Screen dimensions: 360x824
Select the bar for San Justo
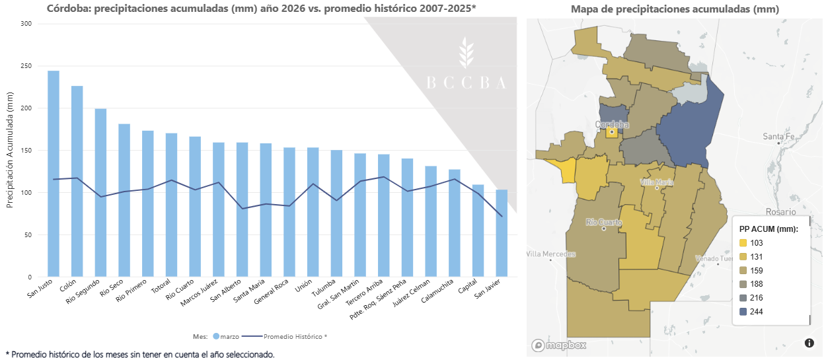[54, 174]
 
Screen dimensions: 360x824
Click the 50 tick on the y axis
[27, 235]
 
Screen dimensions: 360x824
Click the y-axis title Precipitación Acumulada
[10, 151]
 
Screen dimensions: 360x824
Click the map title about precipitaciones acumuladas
[675, 9]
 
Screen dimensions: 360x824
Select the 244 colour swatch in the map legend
[743, 311]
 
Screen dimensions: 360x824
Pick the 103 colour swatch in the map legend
[743, 244]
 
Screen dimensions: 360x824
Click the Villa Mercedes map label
[551, 254]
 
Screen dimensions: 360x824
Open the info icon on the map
[809, 342]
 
